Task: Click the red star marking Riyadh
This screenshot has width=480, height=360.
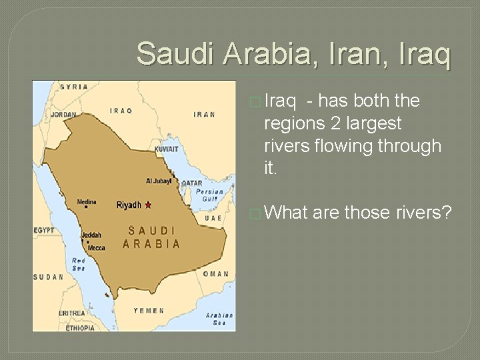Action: click(147, 205)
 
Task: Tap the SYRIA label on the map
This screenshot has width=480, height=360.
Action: click(74, 87)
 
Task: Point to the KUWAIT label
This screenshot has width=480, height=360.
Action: click(167, 149)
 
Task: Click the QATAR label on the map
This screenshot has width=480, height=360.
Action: click(191, 183)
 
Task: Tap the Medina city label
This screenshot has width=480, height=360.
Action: click(87, 202)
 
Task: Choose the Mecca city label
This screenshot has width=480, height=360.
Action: click(96, 247)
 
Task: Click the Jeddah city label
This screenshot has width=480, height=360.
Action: click(91, 235)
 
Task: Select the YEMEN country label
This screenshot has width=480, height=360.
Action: click(149, 310)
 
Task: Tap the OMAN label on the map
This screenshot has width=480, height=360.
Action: click(216, 274)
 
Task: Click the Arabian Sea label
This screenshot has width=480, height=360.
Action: click(219, 319)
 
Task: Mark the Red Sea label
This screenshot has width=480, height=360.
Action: click(78, 264)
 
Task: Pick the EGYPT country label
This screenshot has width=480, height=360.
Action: click(44, 230)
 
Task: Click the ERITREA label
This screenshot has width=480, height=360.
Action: click(72, 313)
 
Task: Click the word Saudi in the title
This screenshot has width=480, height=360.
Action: click(177, 53)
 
